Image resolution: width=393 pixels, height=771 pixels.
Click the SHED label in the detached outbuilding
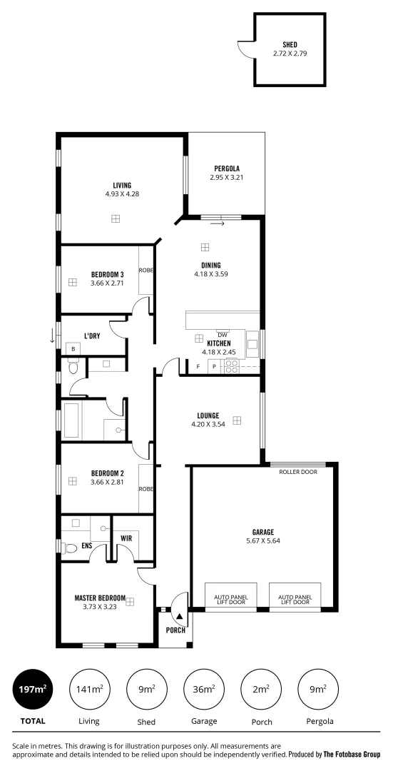click(290, 44)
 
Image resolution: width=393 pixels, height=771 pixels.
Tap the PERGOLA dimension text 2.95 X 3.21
click(227, 177)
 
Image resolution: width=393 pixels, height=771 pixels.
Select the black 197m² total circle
click(33, 689)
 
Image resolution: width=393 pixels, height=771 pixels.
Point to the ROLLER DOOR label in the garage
click(299, 471)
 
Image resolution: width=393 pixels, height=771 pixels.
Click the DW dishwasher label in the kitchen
click(223, 335)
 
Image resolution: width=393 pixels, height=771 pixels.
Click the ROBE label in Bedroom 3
click(146, 271)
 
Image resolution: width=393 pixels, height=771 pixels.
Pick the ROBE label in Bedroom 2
click(146, 489)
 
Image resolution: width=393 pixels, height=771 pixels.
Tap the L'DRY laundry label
click(91, 336)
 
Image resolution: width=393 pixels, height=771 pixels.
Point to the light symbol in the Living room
click(115, 218)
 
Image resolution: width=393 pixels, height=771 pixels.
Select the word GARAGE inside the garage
click(263, 531)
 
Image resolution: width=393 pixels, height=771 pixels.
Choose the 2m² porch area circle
click(262, 689)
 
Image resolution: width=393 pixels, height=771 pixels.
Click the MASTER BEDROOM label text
click(100, 598)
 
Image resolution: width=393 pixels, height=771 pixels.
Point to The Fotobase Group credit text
click(352, 753)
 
